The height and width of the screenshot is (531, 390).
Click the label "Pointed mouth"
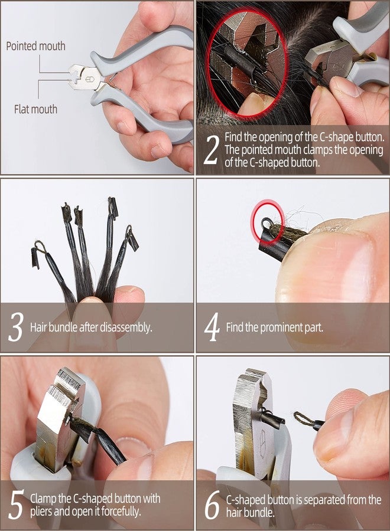click(x=35, y=46)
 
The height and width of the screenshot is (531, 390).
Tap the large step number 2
click(x=211, y=150)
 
